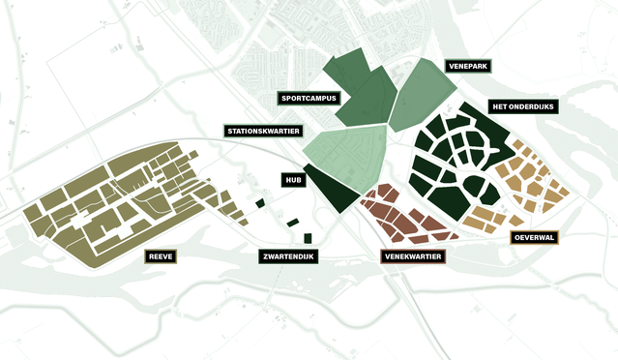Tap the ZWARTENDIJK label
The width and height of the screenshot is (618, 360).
coord(290,257)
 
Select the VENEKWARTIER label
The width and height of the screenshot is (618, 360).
coord(413,257)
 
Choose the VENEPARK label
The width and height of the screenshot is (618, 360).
coord(468,66)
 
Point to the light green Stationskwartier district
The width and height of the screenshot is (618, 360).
coord(345,152)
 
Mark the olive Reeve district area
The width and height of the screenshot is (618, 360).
coord(106,208)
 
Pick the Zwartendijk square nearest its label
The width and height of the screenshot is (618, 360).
coord(308,238)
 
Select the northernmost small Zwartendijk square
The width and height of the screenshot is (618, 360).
coord(260,202)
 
